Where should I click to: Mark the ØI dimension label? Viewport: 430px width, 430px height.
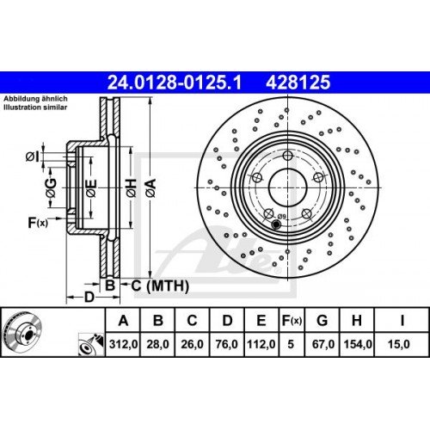[31, 156]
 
